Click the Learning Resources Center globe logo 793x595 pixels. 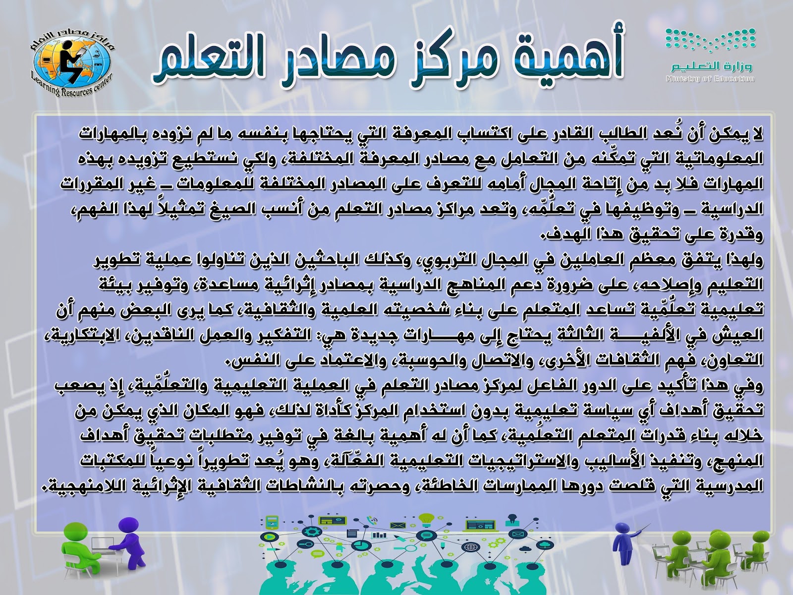(70, 62)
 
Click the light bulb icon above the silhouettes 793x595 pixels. (425, 519)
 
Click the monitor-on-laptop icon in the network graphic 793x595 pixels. (473, 525)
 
